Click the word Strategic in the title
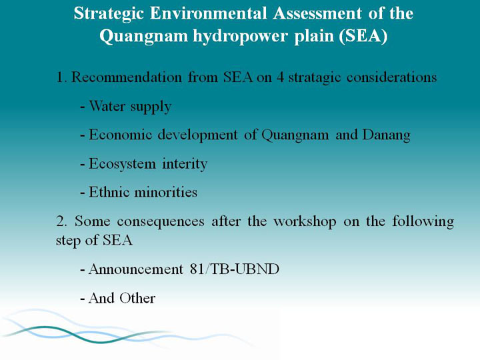click(109, 15)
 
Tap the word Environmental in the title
click(208, 13)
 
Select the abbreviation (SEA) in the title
click(363, 37)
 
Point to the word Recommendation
click(127, 77)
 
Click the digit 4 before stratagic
click(280, 77)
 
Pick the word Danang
click(386, 135)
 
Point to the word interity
click(185, 164)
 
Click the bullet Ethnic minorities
click(143, 192)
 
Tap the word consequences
click(161, 222)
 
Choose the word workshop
click(305, 222)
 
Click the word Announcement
click(136, 269)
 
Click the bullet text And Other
click(122, 298)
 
